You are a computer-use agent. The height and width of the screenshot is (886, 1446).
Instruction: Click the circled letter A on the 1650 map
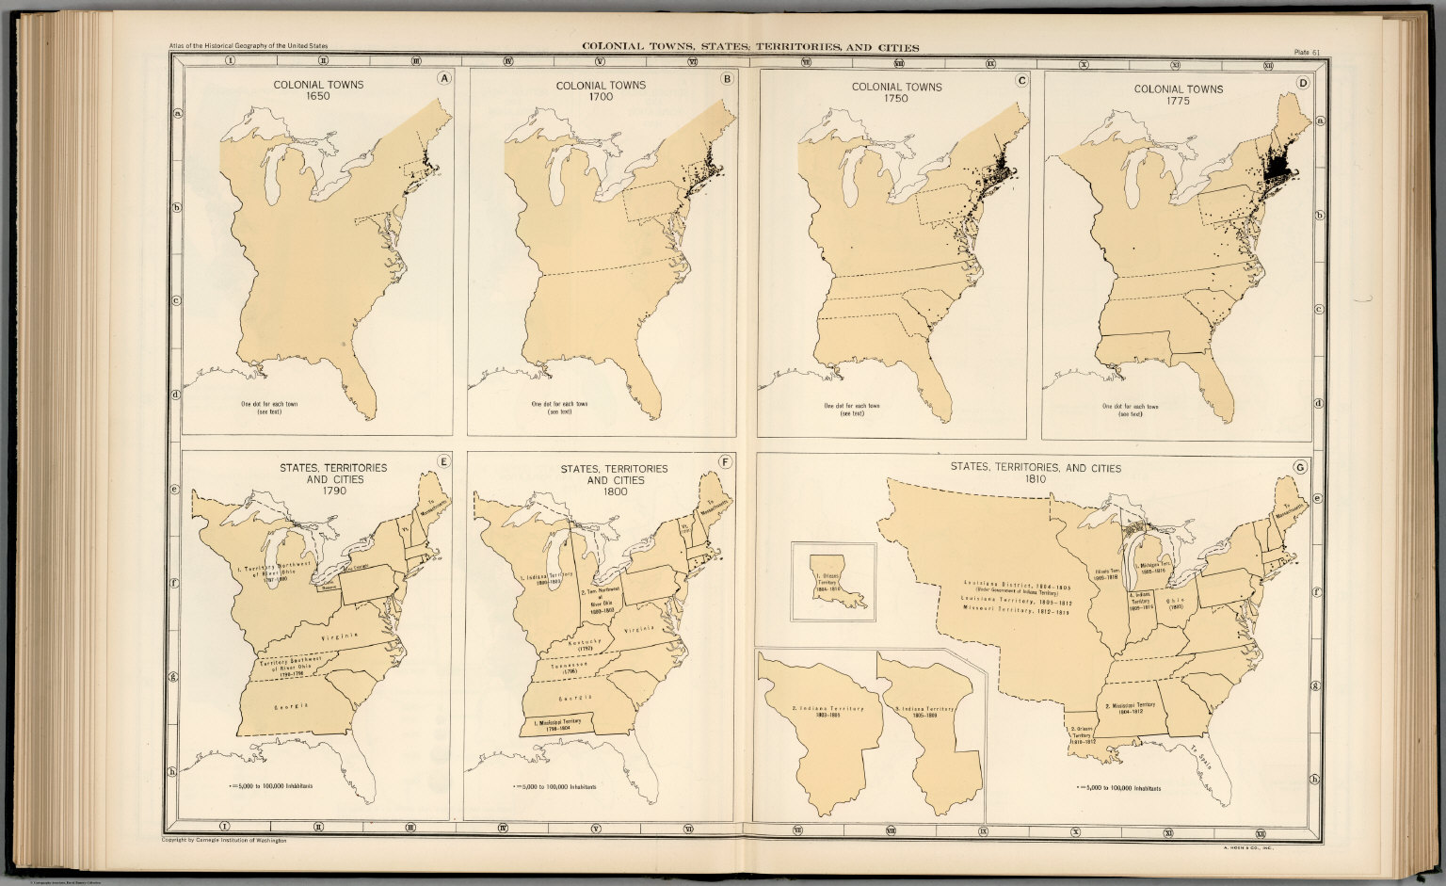[x=444, y=79]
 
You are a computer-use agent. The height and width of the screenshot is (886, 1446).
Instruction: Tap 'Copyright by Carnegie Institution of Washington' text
[x=224, y=839]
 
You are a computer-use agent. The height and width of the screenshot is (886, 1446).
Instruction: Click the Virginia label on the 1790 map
[x=342, y=638]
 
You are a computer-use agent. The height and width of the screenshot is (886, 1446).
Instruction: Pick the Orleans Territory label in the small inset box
[x=829, y=582]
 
